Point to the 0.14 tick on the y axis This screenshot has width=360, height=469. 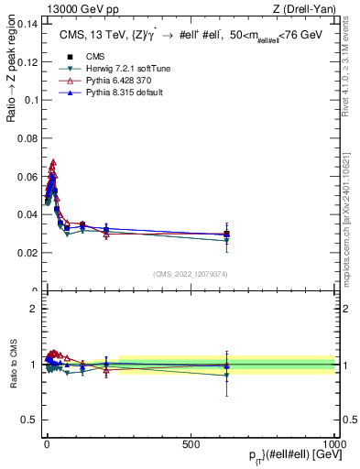pyautogui.click(x=27, y=26)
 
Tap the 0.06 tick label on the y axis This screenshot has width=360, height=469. pyautogui.click(x=27, y=177)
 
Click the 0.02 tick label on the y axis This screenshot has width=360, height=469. pyautogui.click(x=27, y=253)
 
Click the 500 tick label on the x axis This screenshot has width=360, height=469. pyautogui.click(x=191, y=442)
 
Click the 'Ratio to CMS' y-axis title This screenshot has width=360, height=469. pyautogui.click(x=13, y=365)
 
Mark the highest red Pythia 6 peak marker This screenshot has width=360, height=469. pyautogui.click(x=53, y=162)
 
